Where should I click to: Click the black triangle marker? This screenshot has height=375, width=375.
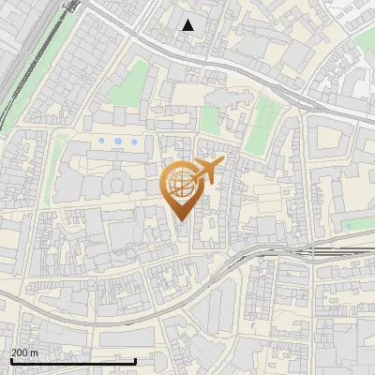(x=188, y=25)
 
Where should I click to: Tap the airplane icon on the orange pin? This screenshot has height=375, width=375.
(x=208, y=170)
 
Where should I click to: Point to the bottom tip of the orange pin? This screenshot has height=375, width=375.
(x=181, y=221)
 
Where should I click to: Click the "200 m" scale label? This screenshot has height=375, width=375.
(x=25, y=352)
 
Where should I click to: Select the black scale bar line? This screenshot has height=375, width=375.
(x=73, y=361)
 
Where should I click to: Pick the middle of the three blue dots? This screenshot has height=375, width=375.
(x=118, y=141)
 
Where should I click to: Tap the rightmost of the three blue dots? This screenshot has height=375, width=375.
(x=134, y=141)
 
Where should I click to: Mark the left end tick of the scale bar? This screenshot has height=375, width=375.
(x=11, y=361)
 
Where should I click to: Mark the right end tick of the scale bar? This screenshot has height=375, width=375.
(x=135, y=361)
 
